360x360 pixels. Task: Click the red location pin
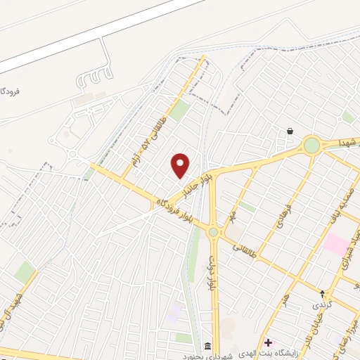pyautogui.click(x=181, y=166)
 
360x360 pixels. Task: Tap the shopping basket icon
pyautogui.click(x=290, y=131)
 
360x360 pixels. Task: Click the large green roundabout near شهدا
pyautogui.click(x=311, y=146)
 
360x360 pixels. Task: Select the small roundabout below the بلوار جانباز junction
pyautogui.click(x=213, y=231)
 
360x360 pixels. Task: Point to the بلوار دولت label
pyautogui.click(x=210, y=273)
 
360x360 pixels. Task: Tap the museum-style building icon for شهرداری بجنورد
pyautogui.click(x=208, y=345)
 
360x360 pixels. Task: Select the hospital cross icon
pyautogui.click(x=268, y=342)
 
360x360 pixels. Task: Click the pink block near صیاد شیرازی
pyautogui.click(x=336, y=245)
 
